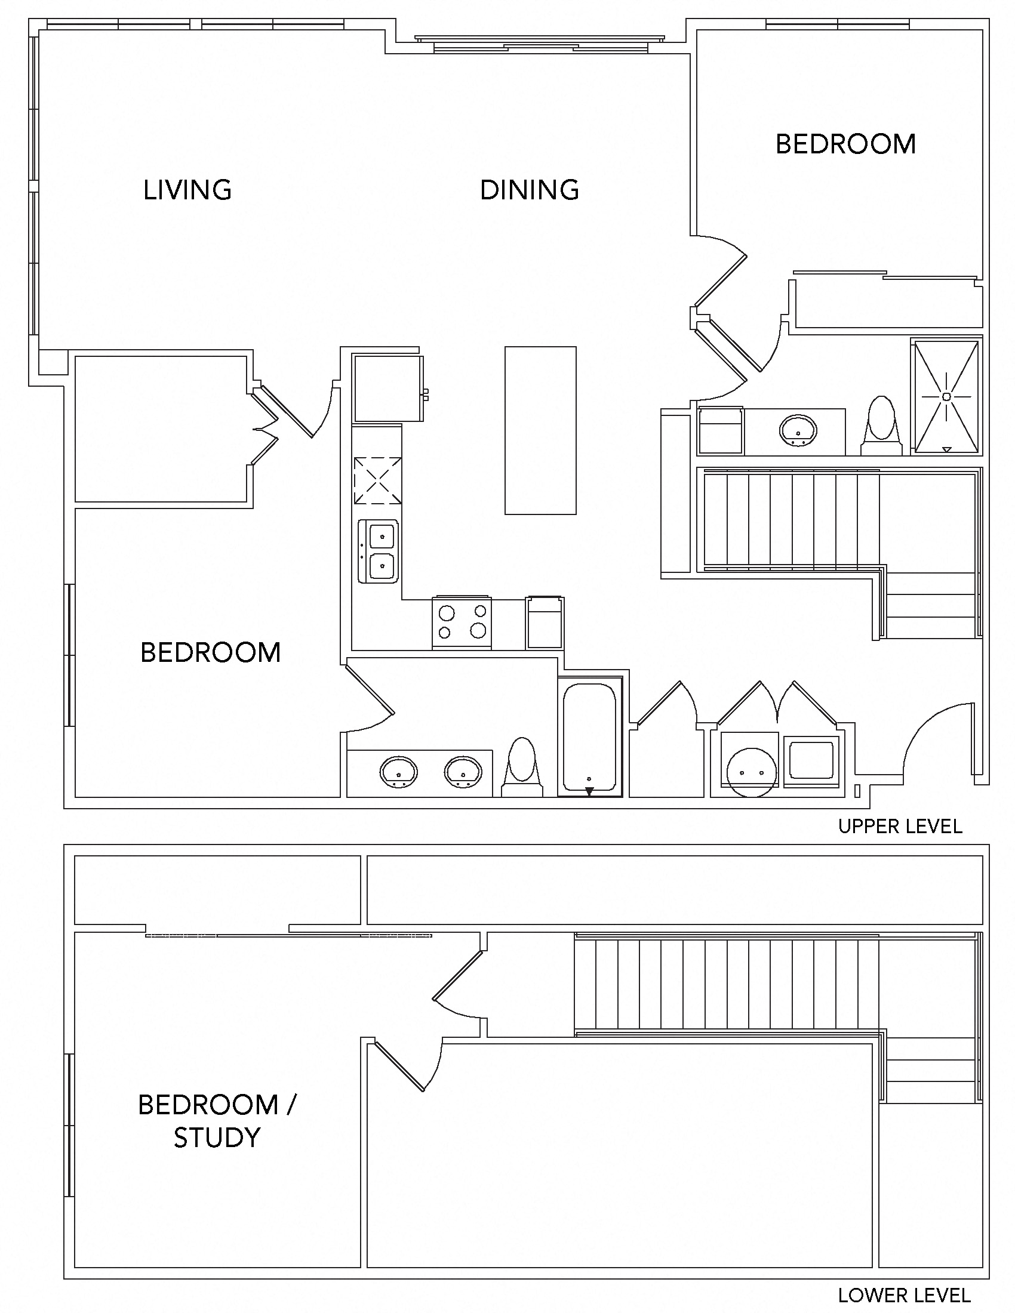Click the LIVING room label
[187, 190]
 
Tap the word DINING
[529, 190]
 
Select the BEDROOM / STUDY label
[217, 1121]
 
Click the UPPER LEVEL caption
[900, 827]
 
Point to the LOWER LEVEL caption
[904, 1296]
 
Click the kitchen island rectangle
[540, 430]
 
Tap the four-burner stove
[462, 623]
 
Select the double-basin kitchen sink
[378, 551]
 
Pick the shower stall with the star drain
[946, 396]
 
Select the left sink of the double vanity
[398, 771]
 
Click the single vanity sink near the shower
[798, 430]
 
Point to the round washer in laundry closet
[750, 772]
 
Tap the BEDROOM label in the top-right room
[845, 144]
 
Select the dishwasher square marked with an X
[377, 480]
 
